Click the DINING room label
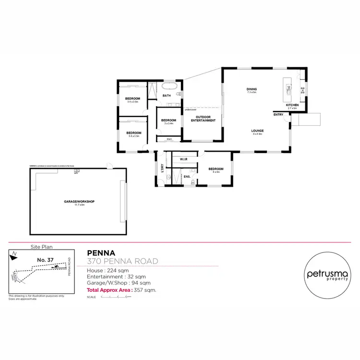click(252, 89)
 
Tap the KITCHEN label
click(292, 105)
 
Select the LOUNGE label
click(257, 131)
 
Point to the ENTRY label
click(278, 115)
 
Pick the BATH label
click(167, 96)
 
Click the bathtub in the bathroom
click(170, 86)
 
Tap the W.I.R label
click(183, 158)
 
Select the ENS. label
click(187, 177)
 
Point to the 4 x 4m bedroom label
click(216, 169)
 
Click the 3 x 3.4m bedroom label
click(168, 120)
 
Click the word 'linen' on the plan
click(169, 139)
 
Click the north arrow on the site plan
click(15, 254)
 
